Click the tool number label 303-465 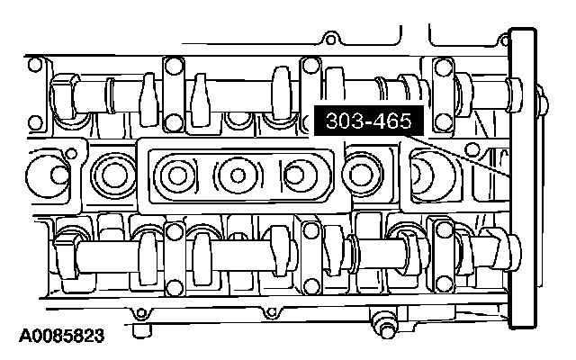pos(368,121)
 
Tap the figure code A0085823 pos(62,336)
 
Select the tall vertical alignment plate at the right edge pos(522,178)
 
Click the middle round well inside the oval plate pos(238,175)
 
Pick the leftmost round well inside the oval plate pos(176,175)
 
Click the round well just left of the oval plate pos(114,174)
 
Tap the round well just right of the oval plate pos(362,174)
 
